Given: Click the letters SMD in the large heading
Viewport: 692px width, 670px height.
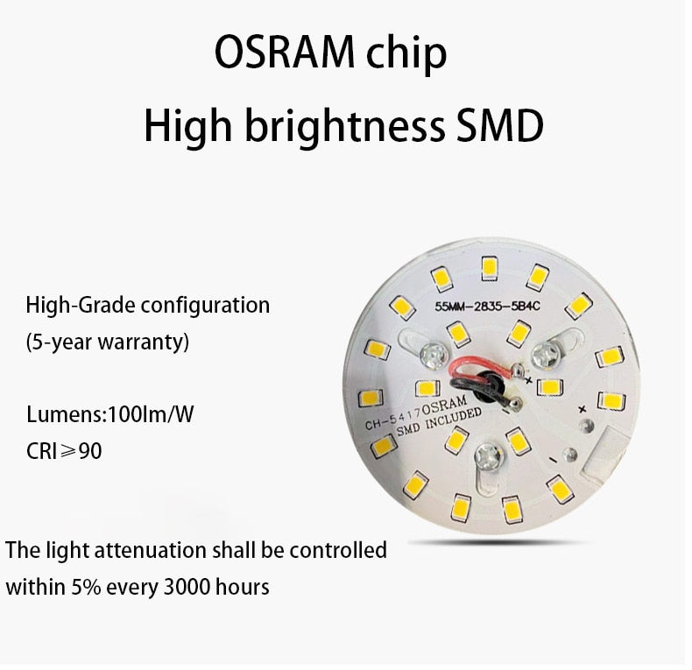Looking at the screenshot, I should click(x=496, y=126).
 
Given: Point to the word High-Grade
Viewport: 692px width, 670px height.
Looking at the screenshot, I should click(x=81, y=307).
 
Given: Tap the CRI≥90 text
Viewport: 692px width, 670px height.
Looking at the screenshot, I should click(x=63, y=451).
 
